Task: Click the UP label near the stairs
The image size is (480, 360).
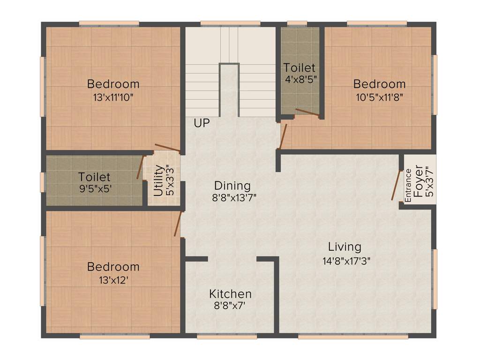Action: (202, 123)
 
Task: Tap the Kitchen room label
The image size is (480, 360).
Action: (230, 294)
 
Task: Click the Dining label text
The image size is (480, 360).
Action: (232, 186)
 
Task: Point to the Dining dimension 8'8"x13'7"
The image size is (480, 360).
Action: (234, 198)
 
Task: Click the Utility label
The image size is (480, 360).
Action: (159, 180)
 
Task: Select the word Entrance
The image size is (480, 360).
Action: (408, 185)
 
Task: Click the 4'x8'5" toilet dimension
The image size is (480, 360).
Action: (300, 80)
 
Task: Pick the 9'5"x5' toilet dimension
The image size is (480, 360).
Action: (95, 189)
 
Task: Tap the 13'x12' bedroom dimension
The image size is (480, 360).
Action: (113, 280)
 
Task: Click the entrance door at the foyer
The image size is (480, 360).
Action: (396, 185)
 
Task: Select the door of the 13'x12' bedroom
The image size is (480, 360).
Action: (177, 224)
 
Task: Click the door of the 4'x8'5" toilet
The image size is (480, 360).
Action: (307, 112)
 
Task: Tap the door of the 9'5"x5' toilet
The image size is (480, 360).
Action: (140, 167)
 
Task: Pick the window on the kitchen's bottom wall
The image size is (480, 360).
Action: (227, 337)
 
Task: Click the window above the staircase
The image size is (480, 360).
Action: (230, 23)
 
